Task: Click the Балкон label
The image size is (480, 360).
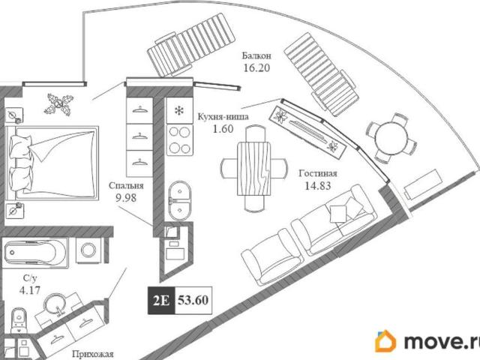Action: [x=256, y=56]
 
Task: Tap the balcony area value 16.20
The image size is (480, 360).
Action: [x=256, y=68]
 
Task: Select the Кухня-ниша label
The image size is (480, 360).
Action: [x=223, y=117]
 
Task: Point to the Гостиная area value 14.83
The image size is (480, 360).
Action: [x=318, y=185]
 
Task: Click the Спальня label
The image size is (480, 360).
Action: [x=126, y=185]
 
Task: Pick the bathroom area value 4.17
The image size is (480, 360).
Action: [x=30, y=289]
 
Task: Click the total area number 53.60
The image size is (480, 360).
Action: [x=193, y=300]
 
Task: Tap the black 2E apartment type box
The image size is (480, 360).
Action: [x=161, y=301]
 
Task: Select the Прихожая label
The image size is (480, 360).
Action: [x=93, y=354]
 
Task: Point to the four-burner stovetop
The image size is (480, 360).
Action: [x=179, y=140]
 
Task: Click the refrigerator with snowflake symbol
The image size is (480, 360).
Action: [x=179, y=110]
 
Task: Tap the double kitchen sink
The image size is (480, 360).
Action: [x=180, y=201]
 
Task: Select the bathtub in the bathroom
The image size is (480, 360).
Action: [x=34, y=253]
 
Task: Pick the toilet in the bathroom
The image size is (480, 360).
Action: [x=19, y=320]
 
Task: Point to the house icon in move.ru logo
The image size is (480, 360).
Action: [x=385, y=340]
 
